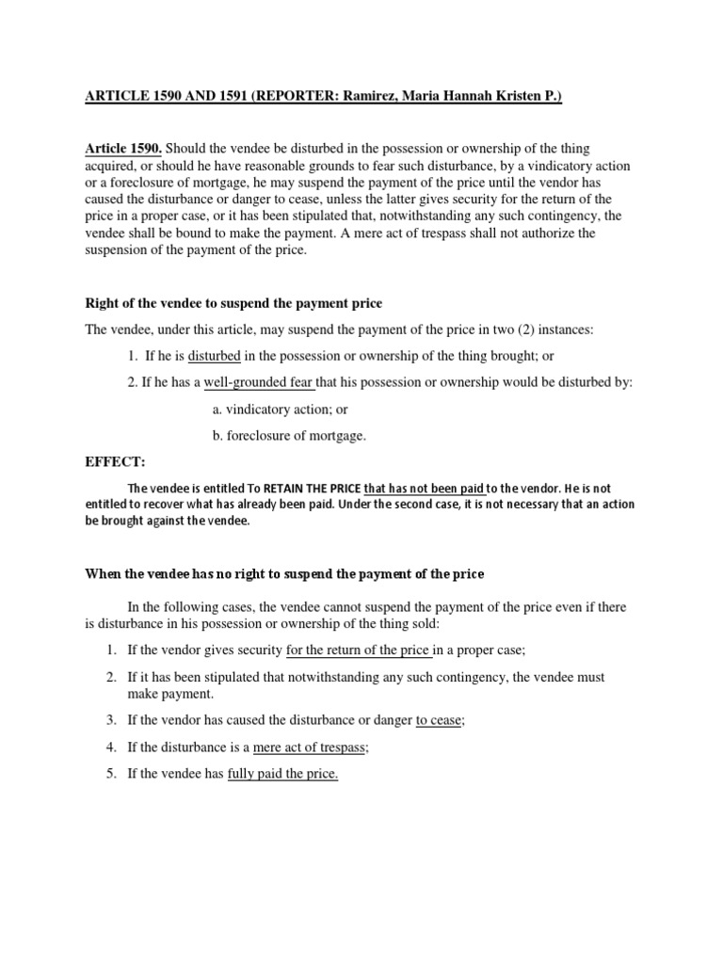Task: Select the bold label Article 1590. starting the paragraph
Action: [123, 149]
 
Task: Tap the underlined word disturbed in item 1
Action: [215, 356]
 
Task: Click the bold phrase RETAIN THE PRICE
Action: [312, 489]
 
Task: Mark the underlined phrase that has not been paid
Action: [424, 489]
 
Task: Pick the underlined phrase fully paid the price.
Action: [282, 774]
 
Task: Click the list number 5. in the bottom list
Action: [111, 774]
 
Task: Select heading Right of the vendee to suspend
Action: [233, 301]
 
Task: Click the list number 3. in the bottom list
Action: [111, 720]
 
